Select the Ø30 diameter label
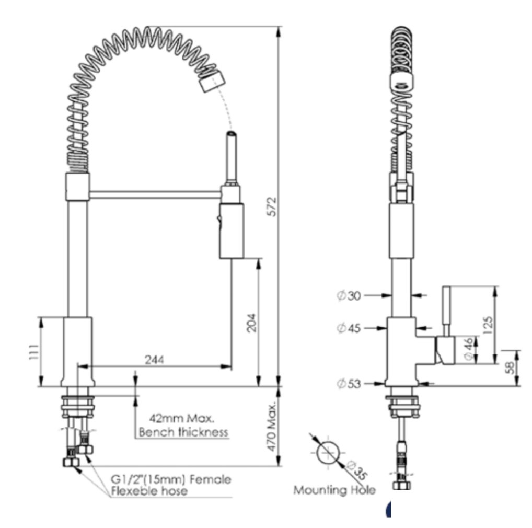[x=349, y=296]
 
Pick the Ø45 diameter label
[x=349, y=328]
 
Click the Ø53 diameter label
[x=349, y=384]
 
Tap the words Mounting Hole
[x=334, y=490]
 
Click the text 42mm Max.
[x=183, y=418]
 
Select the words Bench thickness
[x=183, y=432]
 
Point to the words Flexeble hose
[x=149, y=491]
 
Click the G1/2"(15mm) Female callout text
[x=171, y=479]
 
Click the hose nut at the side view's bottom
[x=402, y=484]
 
